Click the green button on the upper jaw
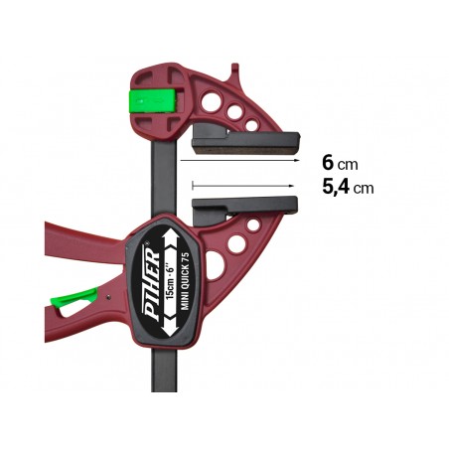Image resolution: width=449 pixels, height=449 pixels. point(154,100)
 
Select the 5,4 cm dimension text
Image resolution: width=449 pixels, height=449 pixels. point(348,186)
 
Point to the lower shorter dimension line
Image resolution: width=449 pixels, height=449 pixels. point(243,185)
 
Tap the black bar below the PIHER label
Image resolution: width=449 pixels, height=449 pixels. point(165,373)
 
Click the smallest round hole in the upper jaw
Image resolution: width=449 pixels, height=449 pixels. point(251,125)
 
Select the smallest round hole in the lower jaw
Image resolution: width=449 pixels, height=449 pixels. point(253,224)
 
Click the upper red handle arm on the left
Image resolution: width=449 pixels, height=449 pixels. point(79,243)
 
